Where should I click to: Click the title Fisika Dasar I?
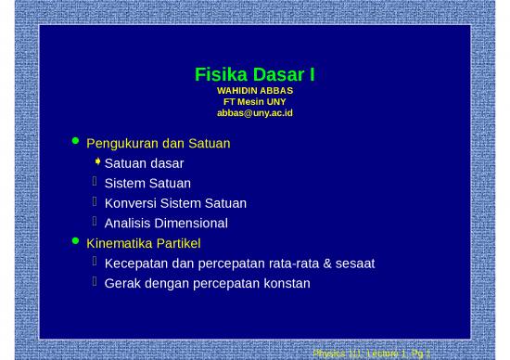click(254, 74)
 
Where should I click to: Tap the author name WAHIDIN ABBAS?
click(254, 91)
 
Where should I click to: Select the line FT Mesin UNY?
click(254, 102)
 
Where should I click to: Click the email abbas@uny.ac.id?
click(254, 113)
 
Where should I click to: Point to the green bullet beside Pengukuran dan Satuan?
click(76, 142)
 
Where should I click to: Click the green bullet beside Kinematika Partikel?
click(76, 242)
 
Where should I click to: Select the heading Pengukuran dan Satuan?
click(158, 144)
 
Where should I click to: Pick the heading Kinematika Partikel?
click(143, 244)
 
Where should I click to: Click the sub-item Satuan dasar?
click(144, 163)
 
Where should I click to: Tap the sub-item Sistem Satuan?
click(147, 184)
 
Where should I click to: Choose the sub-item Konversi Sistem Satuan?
click(175, 203)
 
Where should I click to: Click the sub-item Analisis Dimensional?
click(166, 224)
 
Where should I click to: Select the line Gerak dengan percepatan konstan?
click(207, 283)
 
